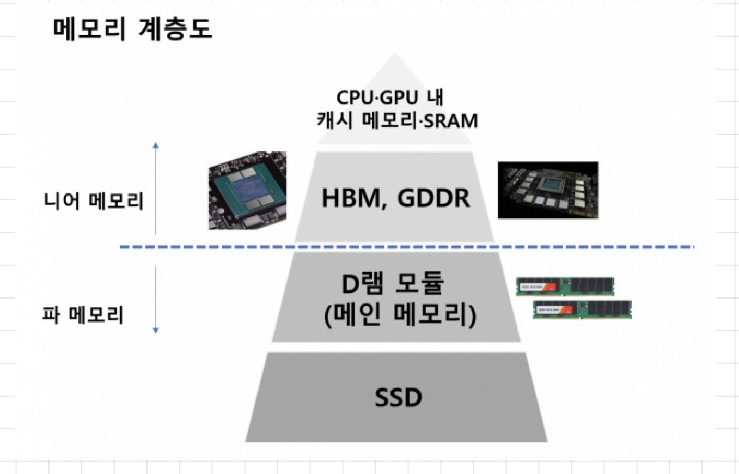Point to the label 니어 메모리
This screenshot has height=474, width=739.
point(94,202)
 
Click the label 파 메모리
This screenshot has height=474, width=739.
point(83,314)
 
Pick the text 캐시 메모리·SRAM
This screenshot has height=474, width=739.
point(397,120)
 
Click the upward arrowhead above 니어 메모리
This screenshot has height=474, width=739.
point(156,145)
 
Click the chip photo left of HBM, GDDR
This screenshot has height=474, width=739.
point(247,190)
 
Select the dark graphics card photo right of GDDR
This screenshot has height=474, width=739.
point(548,190)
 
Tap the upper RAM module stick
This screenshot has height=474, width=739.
point(565,286)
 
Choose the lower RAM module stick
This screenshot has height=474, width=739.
point(582,309)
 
